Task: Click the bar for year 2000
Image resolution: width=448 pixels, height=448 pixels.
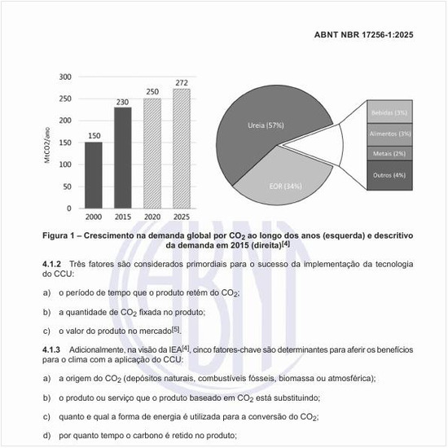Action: tap(94, 174)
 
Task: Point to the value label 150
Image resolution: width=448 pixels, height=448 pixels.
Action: tap(94, 135)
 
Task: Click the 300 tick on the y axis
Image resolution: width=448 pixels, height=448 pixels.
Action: tap(64, 77)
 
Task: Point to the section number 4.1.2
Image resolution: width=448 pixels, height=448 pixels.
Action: tap(53, 266)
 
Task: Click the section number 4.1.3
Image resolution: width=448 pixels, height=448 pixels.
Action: tap(53, 349)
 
